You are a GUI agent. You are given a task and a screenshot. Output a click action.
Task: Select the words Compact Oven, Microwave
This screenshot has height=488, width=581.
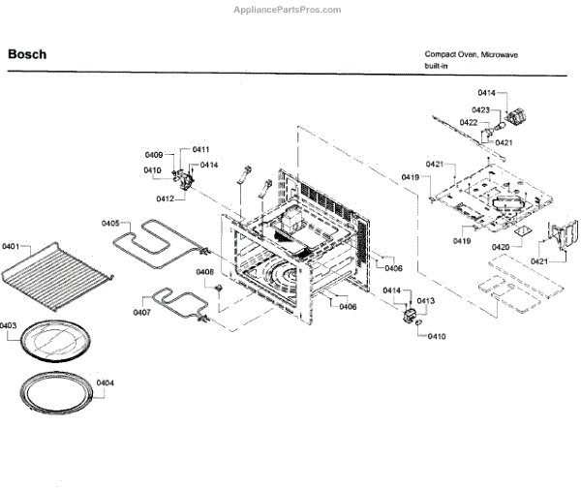click(472, 54)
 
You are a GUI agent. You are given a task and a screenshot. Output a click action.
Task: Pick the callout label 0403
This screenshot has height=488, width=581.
click(9, 326)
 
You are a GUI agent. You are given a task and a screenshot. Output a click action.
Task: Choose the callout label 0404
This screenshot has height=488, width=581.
click(106, 383)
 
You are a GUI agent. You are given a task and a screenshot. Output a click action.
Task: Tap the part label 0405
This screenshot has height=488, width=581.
click(111, 224)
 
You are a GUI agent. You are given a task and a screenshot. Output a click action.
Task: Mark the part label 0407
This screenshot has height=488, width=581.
click(142, 313)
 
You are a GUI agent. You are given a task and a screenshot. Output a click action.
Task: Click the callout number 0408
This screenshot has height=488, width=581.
click(205, 272)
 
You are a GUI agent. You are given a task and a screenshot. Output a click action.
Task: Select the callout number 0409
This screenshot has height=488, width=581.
click(154, 155)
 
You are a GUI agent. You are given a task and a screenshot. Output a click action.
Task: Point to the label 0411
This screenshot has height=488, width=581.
click(200, 149)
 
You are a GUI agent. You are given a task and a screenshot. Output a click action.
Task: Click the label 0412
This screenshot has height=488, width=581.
click(166, 198)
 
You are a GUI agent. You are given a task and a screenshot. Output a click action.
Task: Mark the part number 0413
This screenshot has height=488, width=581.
click(426, 302)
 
